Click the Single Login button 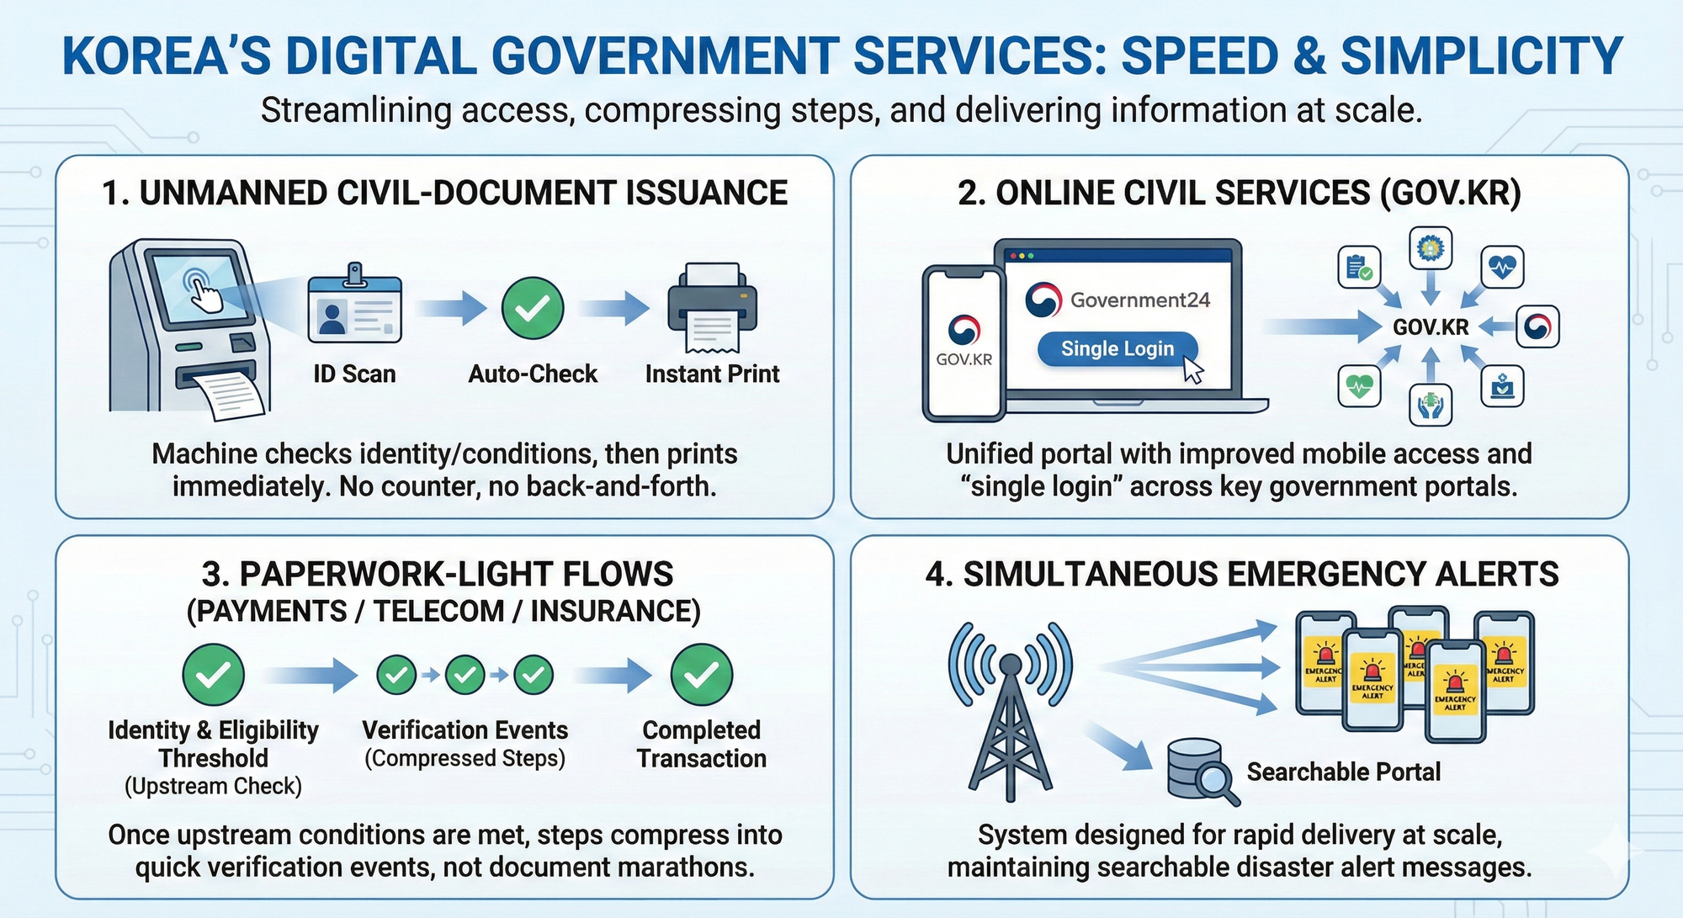click(1117, 348)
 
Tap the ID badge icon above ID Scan click(354, 307)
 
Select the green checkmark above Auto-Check click(533, 308)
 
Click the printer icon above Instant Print click(712, 308)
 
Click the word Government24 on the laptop click(1139, 300)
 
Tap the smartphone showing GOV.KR click(964, 342)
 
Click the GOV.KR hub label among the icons click(1431, 327)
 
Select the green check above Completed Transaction click(701, 674)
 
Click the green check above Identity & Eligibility click(214, 674)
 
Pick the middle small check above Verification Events click(465, 674)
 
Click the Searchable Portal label click(1343, 772)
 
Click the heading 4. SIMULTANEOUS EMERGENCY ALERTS click(1241, 574)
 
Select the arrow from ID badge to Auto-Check click(452, 308)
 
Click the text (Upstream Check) click(213, 786)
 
